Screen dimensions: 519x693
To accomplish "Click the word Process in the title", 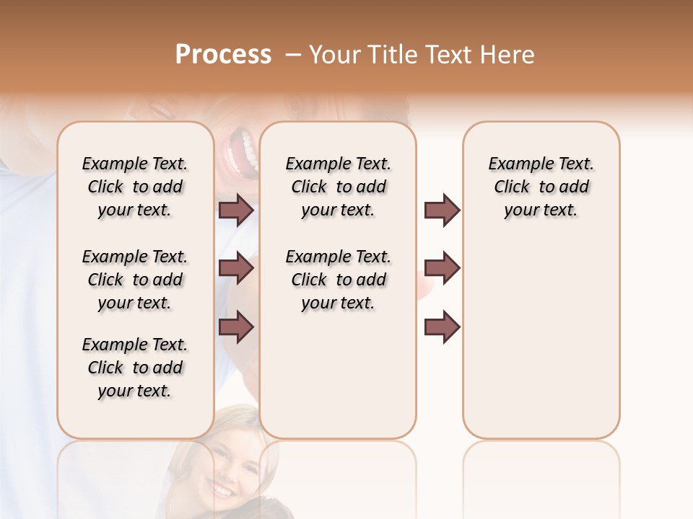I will point(223,54).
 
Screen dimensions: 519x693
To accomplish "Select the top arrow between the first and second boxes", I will point(236,210).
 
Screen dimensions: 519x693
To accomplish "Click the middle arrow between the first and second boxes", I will point(236,269).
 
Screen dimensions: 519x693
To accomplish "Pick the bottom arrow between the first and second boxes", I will point(236,326).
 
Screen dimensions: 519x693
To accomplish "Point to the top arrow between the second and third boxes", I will point(442,210).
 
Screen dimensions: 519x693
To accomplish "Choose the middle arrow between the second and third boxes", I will point(442,269).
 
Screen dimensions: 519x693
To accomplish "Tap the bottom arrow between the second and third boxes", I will point(442,326).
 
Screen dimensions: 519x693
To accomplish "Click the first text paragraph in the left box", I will point(135,187).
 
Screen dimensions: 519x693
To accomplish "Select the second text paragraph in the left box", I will point(135,280).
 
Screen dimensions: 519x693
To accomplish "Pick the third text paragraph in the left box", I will point(135,368).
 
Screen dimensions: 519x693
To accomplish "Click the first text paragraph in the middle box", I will point(338,187).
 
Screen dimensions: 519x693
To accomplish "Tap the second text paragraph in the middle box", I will point(338,280).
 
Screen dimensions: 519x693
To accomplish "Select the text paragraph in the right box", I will point(541,187).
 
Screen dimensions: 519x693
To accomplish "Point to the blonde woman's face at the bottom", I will point(230,461).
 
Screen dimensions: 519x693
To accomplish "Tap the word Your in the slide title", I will point(334,54).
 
